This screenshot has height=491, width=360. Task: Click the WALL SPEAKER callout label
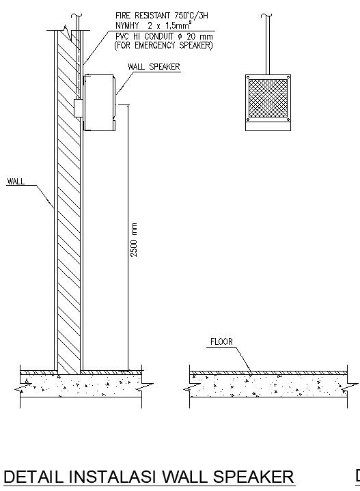click(x=154, y=67)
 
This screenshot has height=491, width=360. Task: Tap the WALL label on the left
click(x=16, y=182)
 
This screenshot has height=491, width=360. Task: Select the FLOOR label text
click(x=221, y=341)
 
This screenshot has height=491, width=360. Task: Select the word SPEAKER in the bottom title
click(x=252, y=477)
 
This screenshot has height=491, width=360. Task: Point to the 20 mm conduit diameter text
click(x=198, y=36)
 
